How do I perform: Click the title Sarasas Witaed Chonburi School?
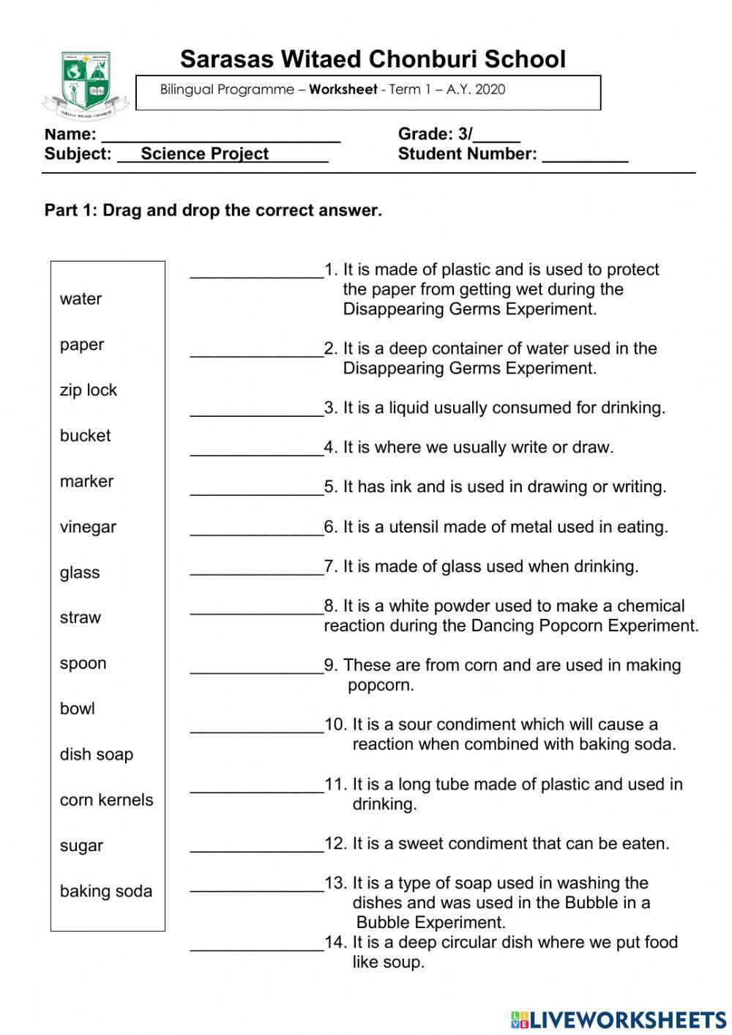click(x=373, y=59)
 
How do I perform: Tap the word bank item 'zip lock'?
click(x=88, y=390)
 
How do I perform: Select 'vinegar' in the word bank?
click(x=88, y=527)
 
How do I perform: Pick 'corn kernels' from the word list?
click(x=106, y=800)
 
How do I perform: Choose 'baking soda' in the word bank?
click(x=106, y=891)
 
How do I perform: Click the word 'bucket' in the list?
click(x=85, y=436)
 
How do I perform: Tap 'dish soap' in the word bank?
click(x=97, y=754)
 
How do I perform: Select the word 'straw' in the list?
click(x=80, y=617)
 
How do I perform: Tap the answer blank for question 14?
click(x=256, y=945)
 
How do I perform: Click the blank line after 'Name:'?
click(x=220, y=136)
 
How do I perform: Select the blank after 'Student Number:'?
click(x=585, y=156)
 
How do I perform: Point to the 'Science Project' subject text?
click(x=205, y=154)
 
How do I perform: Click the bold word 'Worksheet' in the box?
click(x=343, y=90)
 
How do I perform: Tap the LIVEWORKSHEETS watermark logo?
click(x=619, y=1019)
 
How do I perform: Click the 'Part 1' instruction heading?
click(x=213, y=211)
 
